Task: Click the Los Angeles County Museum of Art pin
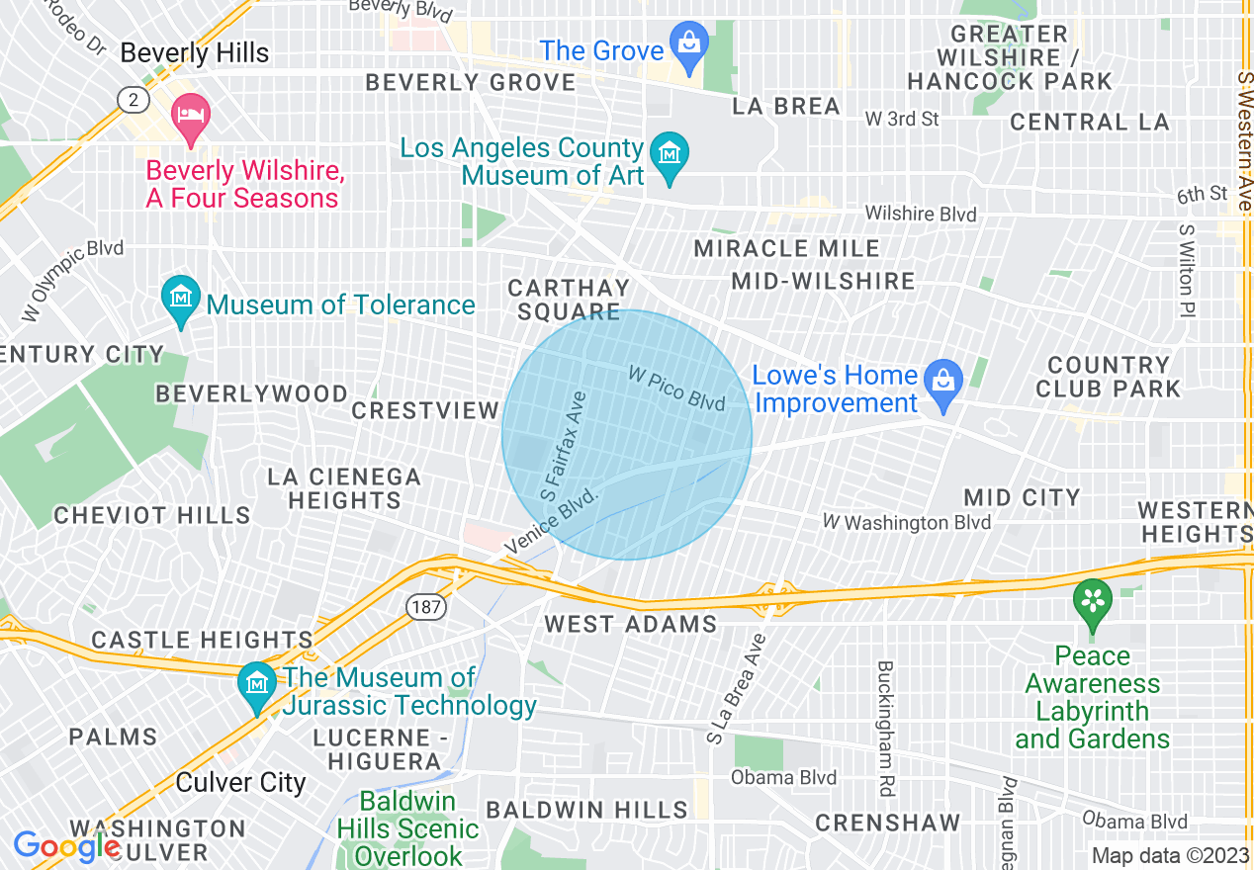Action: click(x=670, y=156)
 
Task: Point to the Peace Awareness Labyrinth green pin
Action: click(x=1093, y=601)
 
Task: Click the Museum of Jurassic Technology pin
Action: click(x=257, y=684)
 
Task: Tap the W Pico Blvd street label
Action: click(x=676, y=388)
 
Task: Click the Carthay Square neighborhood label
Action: click(x=568, y=300)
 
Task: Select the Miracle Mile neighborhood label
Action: click(x=786, y=248)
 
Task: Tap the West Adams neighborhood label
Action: click(x=631, y=624)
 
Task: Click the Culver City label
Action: click(x=240, y=782)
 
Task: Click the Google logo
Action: click(x=67, y=846)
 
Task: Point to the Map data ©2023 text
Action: click(x=1168, y=855)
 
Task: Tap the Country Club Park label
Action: click(x=1108, y=377)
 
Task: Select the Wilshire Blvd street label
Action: click(x=920, y=215)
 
